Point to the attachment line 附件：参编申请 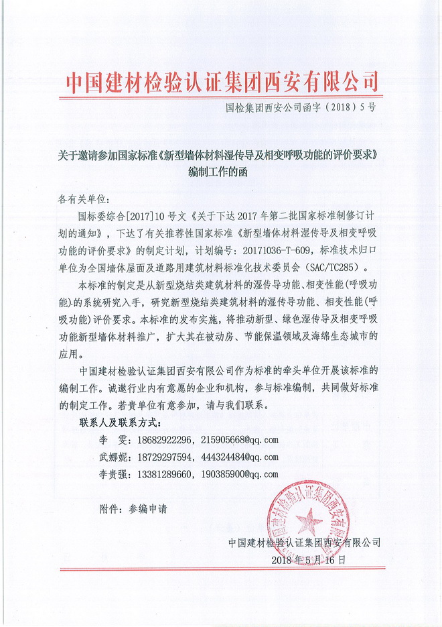click(133, 508)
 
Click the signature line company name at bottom click(304, 542)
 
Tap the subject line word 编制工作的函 click(222, 171)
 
